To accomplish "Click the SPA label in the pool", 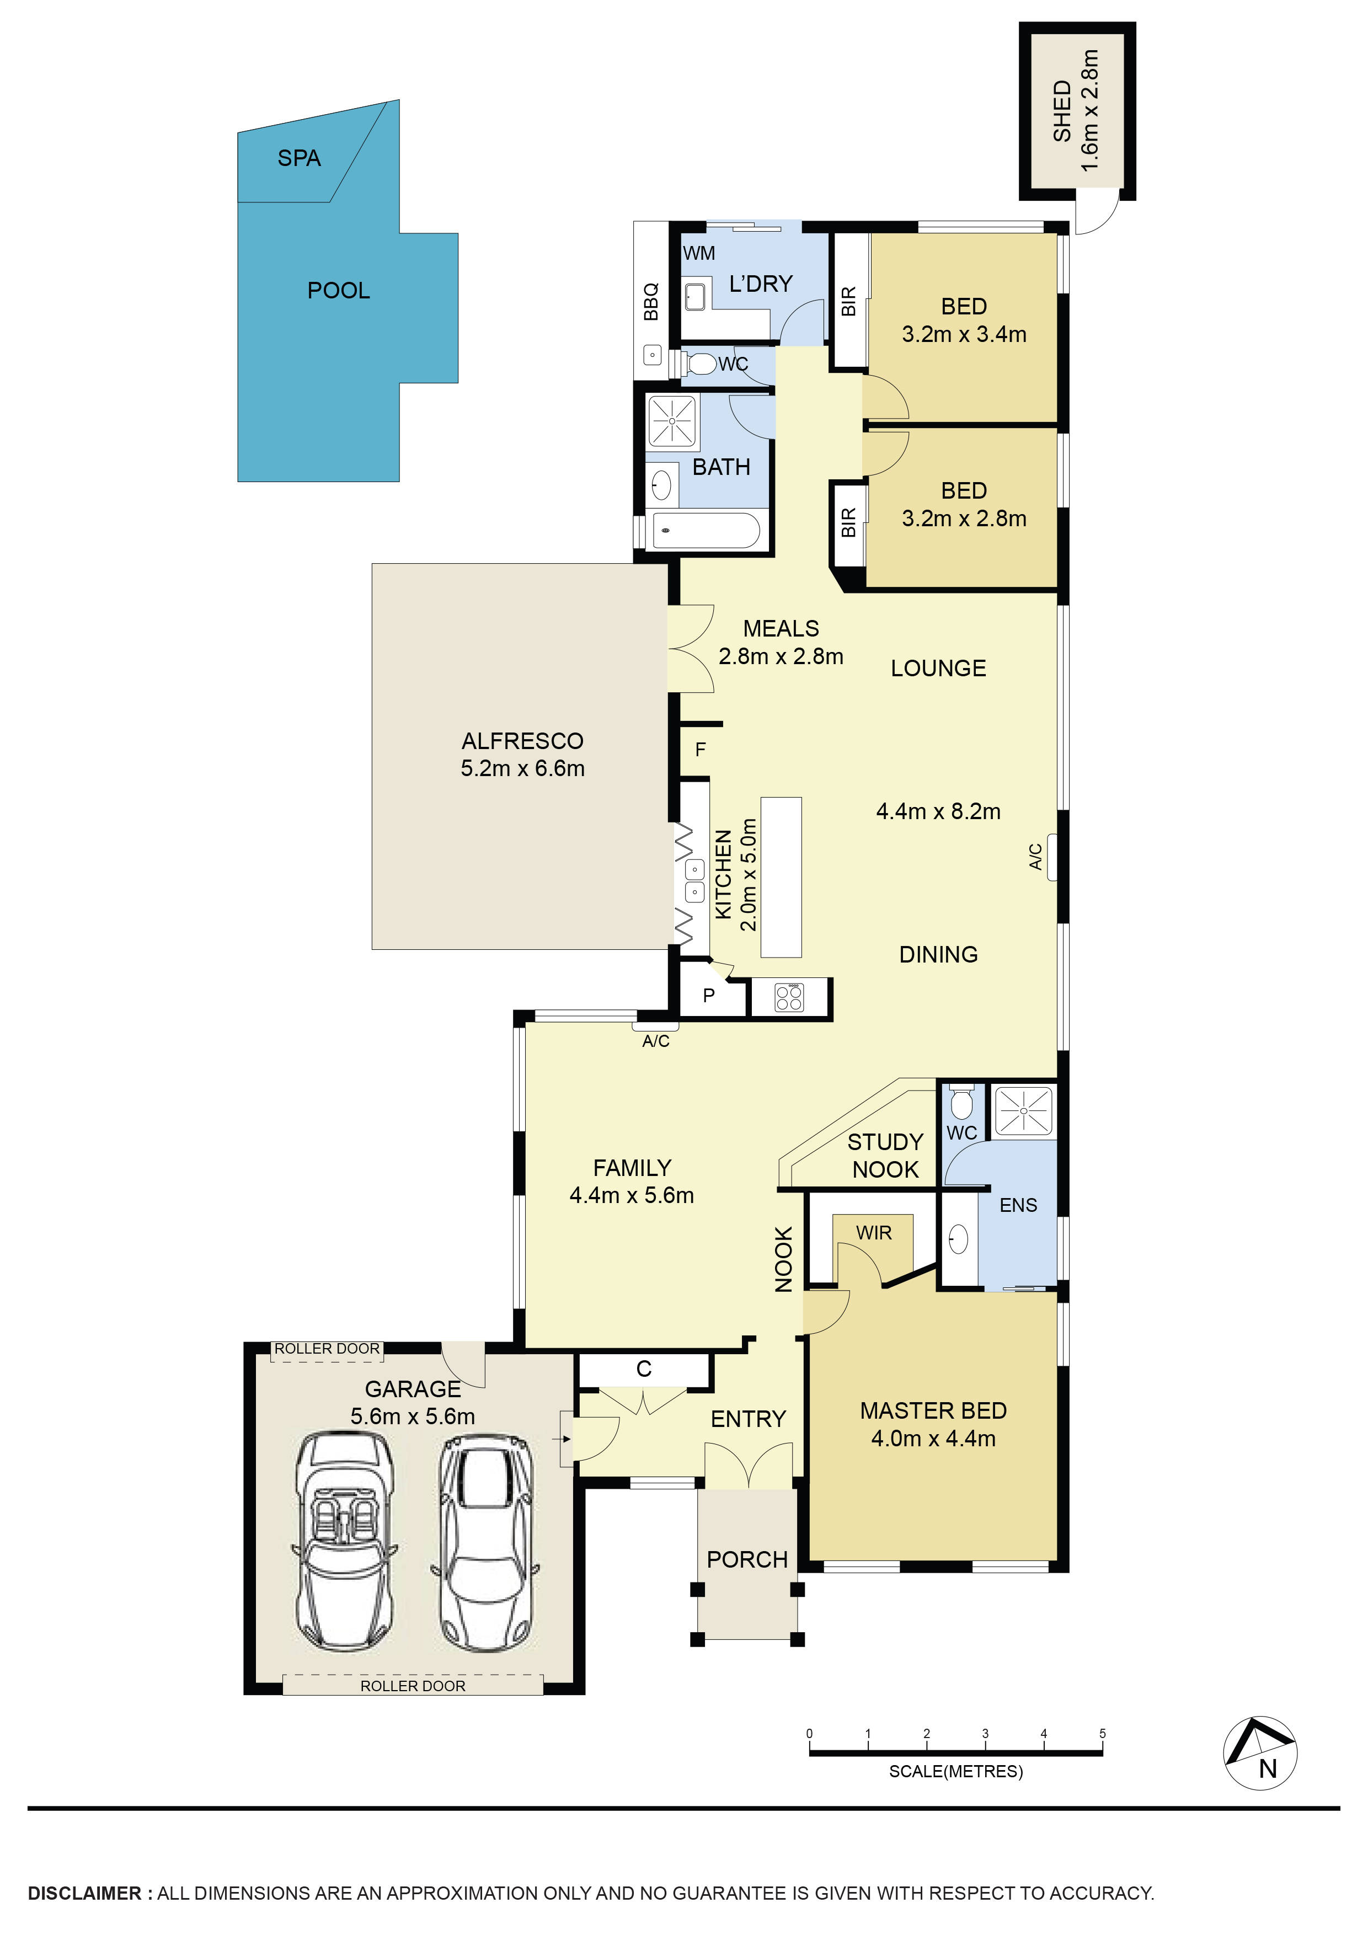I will (x=298, y=158).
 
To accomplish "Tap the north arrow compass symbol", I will (x=1259, y=1753).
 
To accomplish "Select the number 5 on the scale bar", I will (x=1102, y=1733).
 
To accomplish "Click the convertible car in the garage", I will (x=344, y=1541).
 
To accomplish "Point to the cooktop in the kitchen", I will (x=789, y=998).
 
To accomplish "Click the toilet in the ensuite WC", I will (x=961, y=1102).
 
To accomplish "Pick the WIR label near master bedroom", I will (x=873, y=1233).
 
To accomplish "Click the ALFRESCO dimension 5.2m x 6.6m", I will (x=522, y=768).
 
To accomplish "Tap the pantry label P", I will (x=709, y=995).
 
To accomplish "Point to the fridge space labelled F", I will (x=699, y=749).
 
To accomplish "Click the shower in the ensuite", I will (x=1023, y=1111).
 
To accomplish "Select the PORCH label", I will (x=747, y=1560).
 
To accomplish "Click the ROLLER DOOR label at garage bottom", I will (x=412, y=1686).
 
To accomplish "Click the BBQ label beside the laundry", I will (x=651, y=302).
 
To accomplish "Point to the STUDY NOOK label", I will (x=885, y=1156).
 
